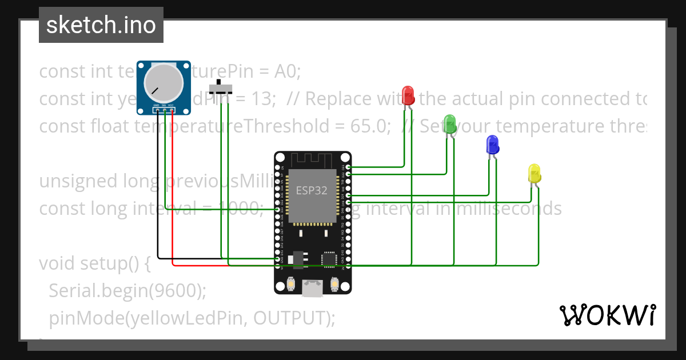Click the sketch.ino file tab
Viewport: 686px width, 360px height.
click(x=101, y=25)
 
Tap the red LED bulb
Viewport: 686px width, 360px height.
click(x=408, y=94)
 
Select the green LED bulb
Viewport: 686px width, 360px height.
click(x=450, y=123)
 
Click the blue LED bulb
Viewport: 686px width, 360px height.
click(x=492, y=145)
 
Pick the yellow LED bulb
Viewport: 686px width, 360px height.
click(x=534, y=173)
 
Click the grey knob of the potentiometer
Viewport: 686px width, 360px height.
click(x=160, y=80)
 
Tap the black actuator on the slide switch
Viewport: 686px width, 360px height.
click(x=218, y=83)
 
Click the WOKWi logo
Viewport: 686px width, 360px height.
click(x=607, y=315)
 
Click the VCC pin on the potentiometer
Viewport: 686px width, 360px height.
click(x=171, y=109)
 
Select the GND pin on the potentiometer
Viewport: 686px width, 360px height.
click(x=156, y=109)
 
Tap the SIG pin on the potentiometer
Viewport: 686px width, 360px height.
click(x=164, y=109)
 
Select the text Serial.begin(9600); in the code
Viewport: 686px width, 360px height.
click(x=127, y=291)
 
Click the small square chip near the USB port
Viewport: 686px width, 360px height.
click(x=329, y=259)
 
